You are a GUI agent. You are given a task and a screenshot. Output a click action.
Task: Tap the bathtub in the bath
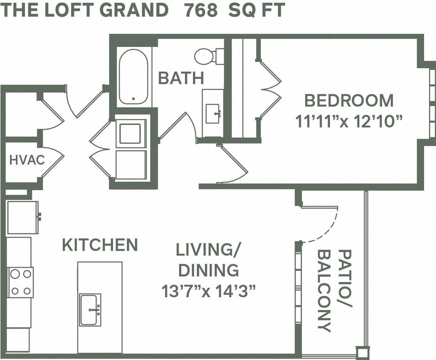pos(134,77)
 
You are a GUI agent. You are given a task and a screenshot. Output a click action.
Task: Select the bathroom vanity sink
pos(212,113)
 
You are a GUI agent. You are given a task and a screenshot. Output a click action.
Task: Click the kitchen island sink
pos(90,309)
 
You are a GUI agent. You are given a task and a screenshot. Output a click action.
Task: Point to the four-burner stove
pos(20,282)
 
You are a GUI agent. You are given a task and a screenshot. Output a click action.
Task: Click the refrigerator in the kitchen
pos(22,217)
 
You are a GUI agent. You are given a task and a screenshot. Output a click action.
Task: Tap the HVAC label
pos(26,160)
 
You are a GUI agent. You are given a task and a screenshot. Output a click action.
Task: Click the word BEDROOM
pos(349,101)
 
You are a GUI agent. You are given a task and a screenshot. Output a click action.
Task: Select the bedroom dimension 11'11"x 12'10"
pos(349,122)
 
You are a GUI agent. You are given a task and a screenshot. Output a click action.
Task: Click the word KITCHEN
pos(100,245)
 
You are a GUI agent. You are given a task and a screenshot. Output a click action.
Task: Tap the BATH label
pos(181,78)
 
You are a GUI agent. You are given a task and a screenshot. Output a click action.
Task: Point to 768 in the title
pos(201,10)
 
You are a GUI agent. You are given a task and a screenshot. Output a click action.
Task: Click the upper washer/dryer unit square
pos(131,134)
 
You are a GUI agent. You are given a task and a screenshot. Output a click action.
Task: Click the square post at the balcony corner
pos(363,353)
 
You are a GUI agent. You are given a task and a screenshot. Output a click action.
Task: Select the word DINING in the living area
pos(208,270)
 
